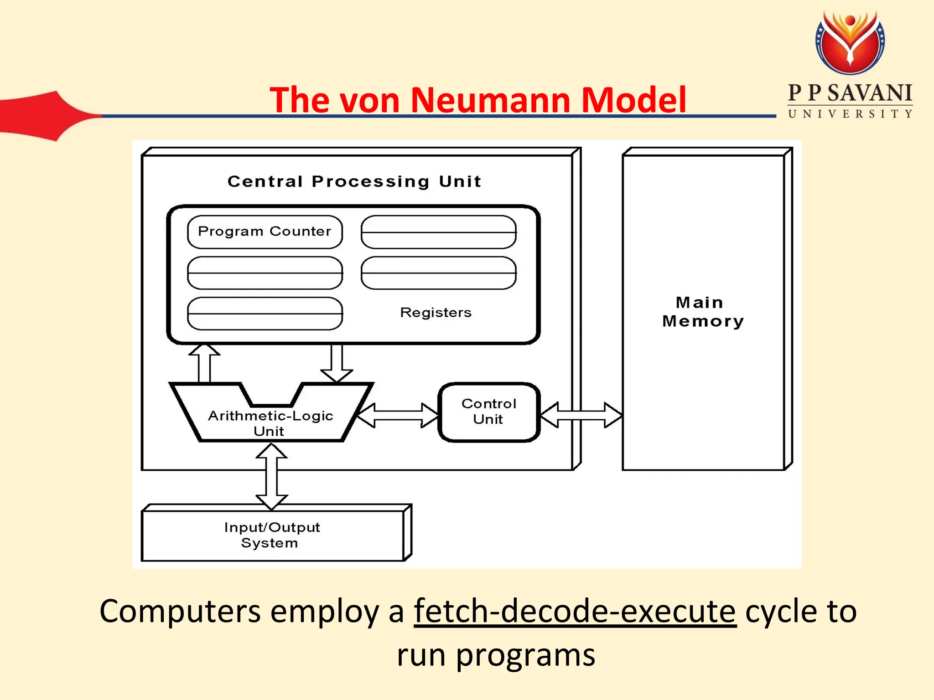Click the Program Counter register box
coord(265,232)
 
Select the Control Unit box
coord(489,412)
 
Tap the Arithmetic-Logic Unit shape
coord(271,422)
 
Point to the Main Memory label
coord(702,312)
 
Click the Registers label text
coord(436,313)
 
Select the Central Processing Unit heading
coord(354,181)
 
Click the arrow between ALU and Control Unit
coord(397,415)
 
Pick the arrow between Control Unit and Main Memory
coord(581,415)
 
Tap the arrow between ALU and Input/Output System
coord(271,476)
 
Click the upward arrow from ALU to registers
coord(204,363)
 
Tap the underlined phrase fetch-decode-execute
coord(575,611)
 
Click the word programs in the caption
coord(525,655)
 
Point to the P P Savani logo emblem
coord(850,42)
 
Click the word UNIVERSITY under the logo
coord(850,114)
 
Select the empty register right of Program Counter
coord(438,232)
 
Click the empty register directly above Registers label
coord(438,273)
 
